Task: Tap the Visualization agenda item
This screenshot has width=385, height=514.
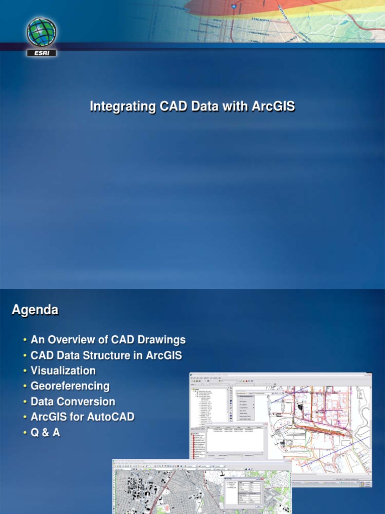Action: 63,371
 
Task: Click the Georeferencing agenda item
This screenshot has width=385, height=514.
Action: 70,387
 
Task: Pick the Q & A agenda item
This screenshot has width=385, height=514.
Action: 45,433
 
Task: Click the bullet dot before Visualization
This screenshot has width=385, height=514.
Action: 25,371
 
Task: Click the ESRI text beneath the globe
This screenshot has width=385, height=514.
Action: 42,52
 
